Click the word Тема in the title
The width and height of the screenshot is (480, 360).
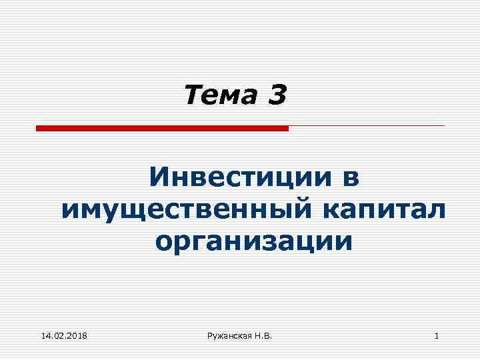[x=219, y=96]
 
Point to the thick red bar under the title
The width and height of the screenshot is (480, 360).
[x=162, y=128]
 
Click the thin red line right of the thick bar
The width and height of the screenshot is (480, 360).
[x=366, y=125]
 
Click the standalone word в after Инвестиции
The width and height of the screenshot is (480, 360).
[x=349, y=179]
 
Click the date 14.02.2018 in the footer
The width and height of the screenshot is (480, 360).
[x=64, y=336]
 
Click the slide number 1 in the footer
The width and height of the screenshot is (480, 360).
[x=436, y=336]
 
